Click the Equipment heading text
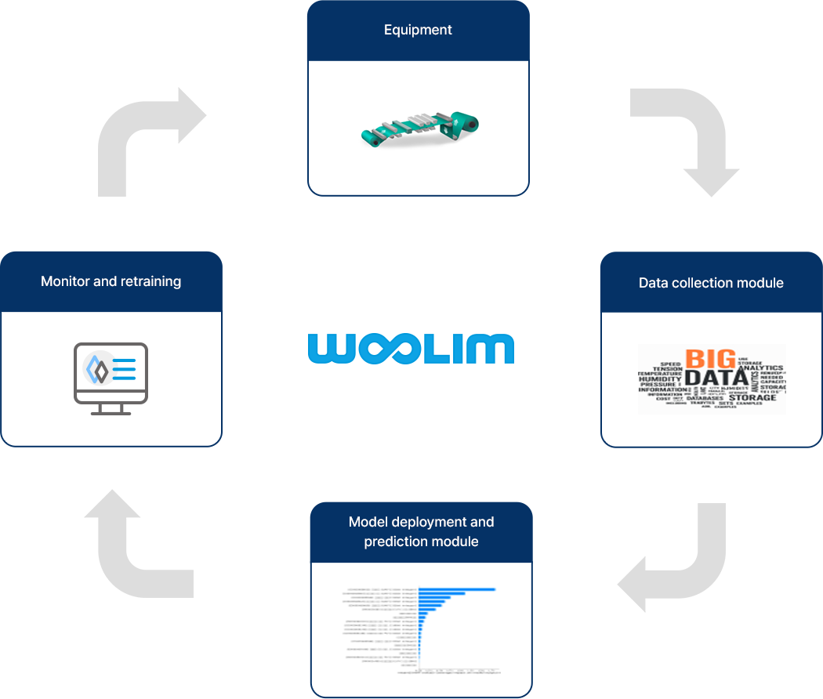click(418, 31)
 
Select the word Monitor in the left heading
click(65, 281)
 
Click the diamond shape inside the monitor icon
click(97, 368)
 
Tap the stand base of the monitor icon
click(111, 411)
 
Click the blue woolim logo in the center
click(411, 349)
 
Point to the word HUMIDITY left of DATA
click(660, 378)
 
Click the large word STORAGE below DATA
click(752, 397)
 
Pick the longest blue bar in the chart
click(457, 589)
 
